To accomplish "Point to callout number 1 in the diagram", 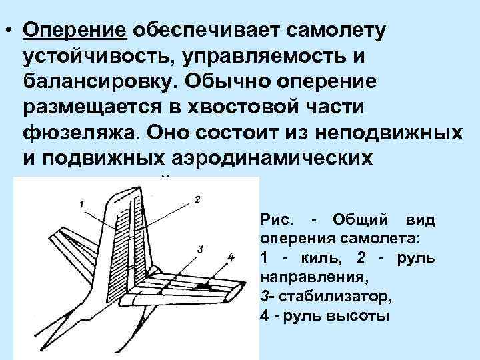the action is coord(81,204).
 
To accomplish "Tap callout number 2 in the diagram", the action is coord(197,199).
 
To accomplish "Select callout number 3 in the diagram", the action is coord(199,249).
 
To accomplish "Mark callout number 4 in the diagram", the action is coord(230,257).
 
